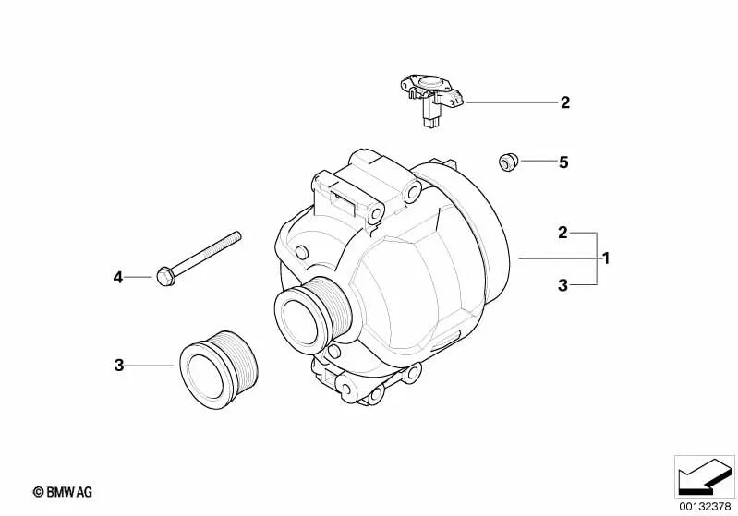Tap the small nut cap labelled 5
tap(508, 162)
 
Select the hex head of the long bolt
tap(164, 276)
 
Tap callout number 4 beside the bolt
tap(117, 278)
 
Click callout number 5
tap(563, 162)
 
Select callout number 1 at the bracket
tap(606, 258)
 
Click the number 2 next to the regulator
tap(564, 102)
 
